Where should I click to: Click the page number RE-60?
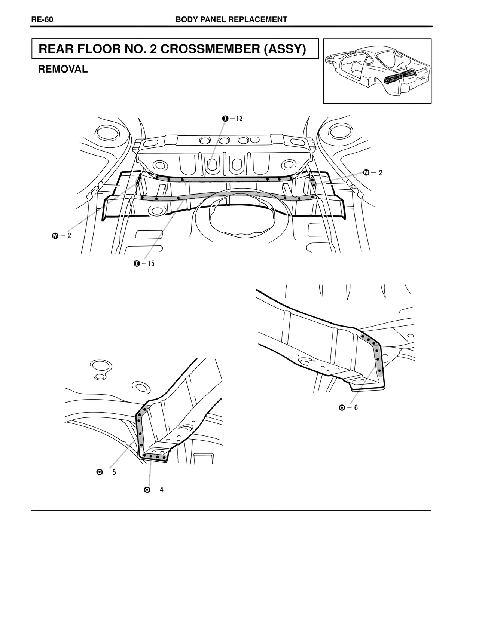(x=42, y=20)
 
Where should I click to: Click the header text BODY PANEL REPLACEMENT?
(x=231, y=20)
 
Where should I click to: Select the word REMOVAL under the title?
(x=63, y=69)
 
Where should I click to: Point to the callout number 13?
(x=239, y=119)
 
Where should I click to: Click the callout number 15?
(x=150, y=263)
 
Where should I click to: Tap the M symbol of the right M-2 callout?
(x=366, y=172)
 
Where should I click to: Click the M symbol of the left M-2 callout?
(x=55, y=236)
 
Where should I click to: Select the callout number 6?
(x=356, y=407)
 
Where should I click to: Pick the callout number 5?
(x=114, y=472)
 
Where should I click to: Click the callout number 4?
(x=161, y=490)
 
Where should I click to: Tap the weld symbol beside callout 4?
(x=147, y=490)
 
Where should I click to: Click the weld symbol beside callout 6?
(x=342, y=407)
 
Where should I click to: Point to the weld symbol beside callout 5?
(x=100, y=472)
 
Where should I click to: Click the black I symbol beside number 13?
(x=225, y=119)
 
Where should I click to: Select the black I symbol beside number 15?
(x=137, y=263)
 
